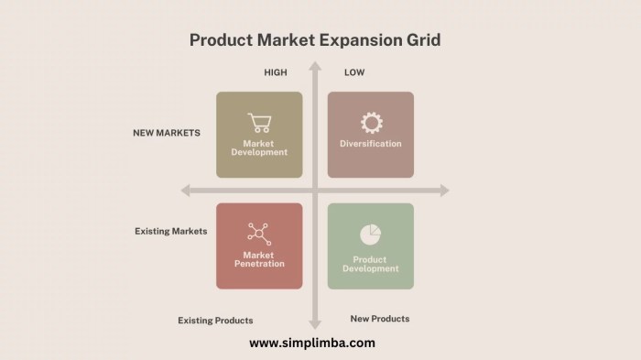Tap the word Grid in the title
425,40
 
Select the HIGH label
276,72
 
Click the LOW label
354,72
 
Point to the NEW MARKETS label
166,133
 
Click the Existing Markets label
170,232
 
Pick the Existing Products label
215,321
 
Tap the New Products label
380,319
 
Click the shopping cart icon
258,123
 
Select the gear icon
371,123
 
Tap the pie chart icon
370,235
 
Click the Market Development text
259,148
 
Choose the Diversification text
371,144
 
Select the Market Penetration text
259,259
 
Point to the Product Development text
371,265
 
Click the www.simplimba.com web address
312,344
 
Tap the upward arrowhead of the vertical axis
315,66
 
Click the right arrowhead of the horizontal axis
444,191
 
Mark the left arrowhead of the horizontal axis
185,191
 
